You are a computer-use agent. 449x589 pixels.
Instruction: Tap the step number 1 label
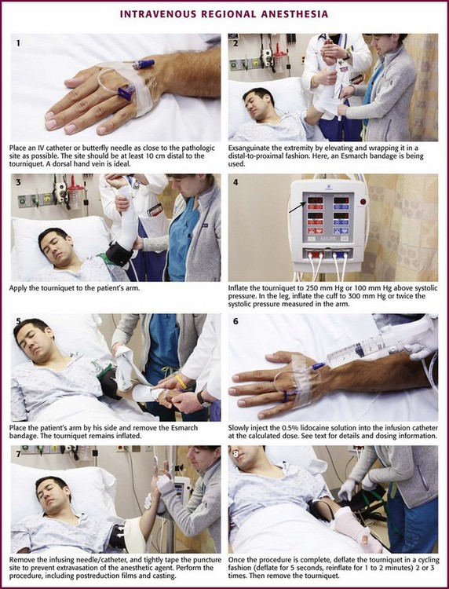(18, 43)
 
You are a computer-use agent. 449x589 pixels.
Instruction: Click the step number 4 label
(235, 183)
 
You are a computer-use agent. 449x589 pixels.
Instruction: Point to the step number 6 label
(235, 321)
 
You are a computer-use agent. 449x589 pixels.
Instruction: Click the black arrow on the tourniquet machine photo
(297, 207)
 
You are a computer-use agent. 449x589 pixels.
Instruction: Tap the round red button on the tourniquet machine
(363, 202)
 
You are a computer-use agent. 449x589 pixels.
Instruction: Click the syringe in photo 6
(375, 346)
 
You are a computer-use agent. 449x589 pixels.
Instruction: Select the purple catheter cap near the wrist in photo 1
(144, 64)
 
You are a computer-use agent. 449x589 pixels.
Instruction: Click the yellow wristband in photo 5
(181, 381)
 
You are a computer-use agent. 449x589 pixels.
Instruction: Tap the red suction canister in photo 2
(279, 60)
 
